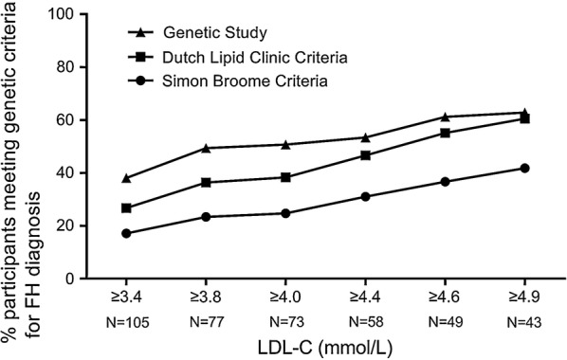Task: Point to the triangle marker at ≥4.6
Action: pyautogui.click(x=445, y=117)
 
